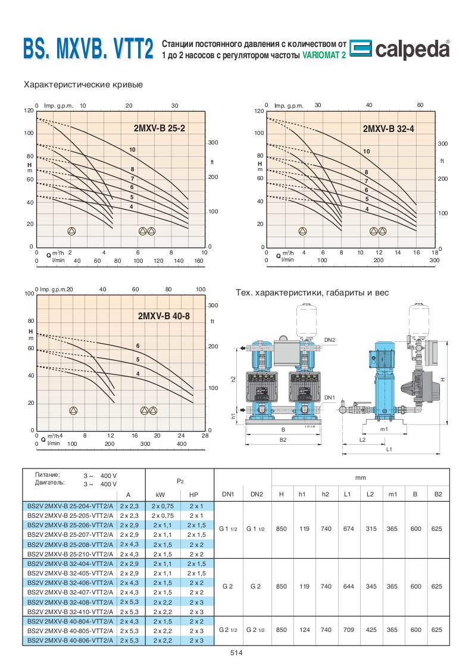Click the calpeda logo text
(x=412, y=49)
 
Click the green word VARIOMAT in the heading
(x=320, y=55)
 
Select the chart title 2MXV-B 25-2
(x=160, y=128)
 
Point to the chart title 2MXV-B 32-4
(x=388, y=128)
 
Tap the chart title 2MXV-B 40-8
(x=164, y=316)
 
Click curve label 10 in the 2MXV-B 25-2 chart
(x=133, y=150)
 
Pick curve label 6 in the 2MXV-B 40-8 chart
(x=137, y=346)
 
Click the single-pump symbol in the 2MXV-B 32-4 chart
(x=302, y=231)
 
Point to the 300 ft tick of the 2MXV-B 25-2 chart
(x=213, y=143)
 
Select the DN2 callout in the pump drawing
(x=330, y=340)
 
